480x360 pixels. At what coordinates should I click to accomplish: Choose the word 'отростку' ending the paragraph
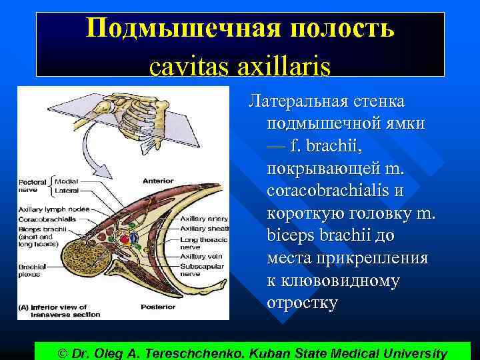301,303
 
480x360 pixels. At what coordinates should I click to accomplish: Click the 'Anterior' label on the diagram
157,181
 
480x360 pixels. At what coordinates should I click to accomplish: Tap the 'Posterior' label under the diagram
158,307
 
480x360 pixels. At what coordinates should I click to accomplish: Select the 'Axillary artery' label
205,218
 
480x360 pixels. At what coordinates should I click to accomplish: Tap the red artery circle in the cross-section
124,239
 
